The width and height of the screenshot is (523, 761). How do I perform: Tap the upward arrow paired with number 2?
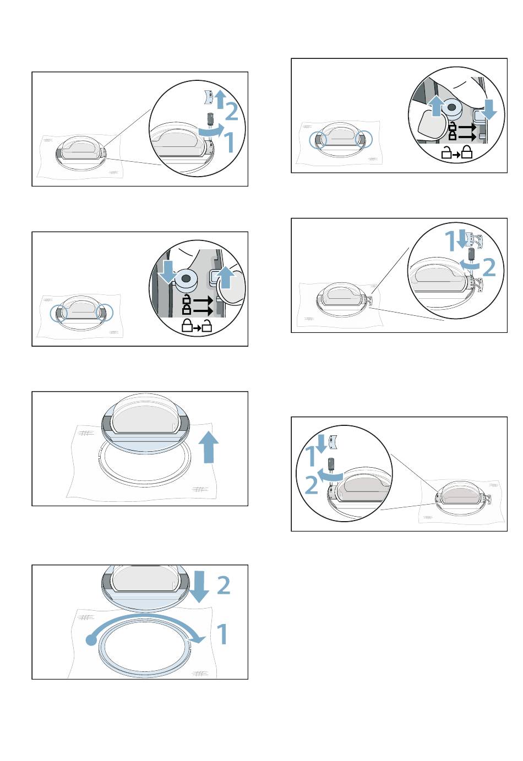(x=221, y=99)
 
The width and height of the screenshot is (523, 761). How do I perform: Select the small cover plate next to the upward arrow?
(x=208, y=98)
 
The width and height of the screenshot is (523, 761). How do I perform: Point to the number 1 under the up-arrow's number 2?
(x=230, y=142)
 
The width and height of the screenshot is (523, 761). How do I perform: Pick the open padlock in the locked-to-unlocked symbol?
(x=206, y=326)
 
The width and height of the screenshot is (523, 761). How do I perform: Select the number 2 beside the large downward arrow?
(x=224, y=585)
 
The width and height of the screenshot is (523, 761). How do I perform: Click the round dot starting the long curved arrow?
(x=91, y=640)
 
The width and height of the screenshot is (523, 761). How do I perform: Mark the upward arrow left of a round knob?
(x=437, y=106)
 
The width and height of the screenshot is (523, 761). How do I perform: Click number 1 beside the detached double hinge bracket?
(x=450, y=241)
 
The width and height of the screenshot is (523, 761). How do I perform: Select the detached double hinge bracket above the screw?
(x=475, y=240)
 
